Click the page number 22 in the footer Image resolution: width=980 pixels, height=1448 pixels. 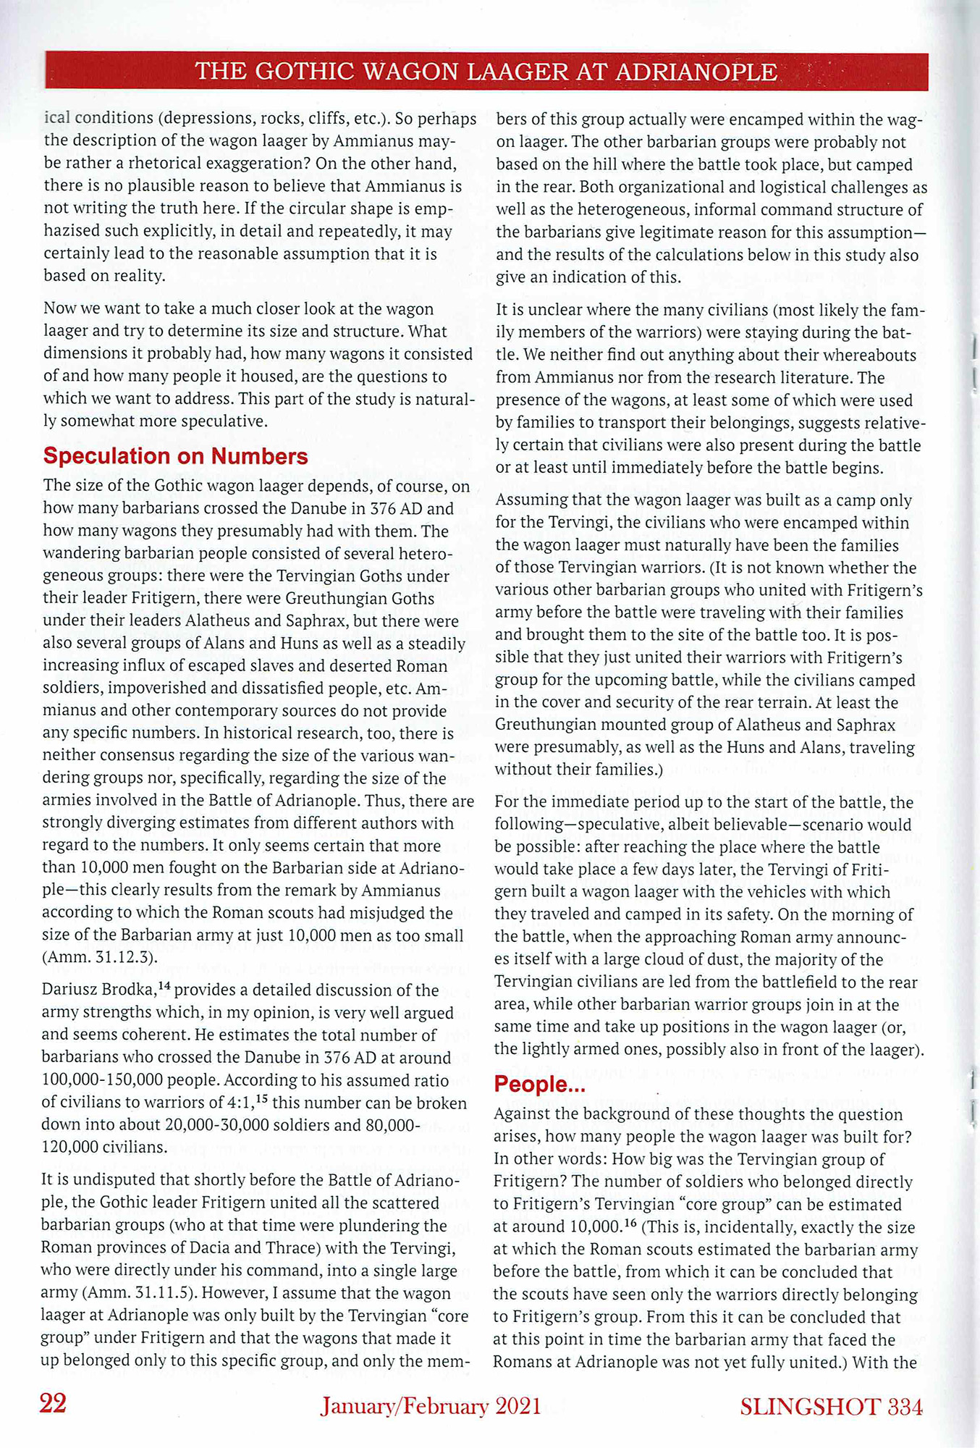tap(53, 1404)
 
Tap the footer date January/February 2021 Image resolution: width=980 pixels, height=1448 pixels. tap(431, 1405)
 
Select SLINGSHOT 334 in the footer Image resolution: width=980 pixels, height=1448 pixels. tap(831, 1406)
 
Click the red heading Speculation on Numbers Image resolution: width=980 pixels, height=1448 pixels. tap(175, 456)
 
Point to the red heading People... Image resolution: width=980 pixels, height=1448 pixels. tap(538, 1084)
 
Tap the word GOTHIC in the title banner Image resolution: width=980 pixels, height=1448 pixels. tap(307, 72)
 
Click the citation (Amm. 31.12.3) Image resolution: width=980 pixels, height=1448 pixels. tap(100, 957)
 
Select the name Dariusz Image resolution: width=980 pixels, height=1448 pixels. tap(69, 990)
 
